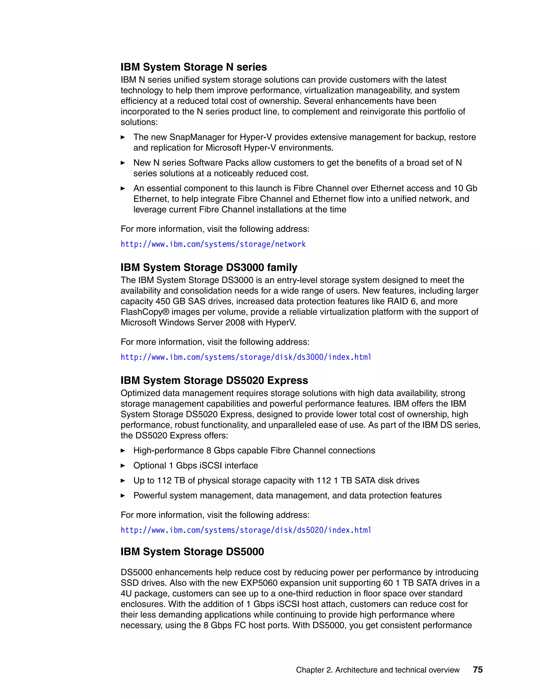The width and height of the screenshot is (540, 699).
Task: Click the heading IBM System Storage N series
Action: click(x=194, y=67)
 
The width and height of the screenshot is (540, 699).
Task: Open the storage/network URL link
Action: click(x=213, y=244)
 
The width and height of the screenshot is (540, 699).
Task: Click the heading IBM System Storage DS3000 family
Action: click(x=209, y=267)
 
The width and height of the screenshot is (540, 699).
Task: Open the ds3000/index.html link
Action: click(x=246, y=357)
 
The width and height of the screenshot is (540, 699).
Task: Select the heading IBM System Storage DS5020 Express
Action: click(x=214, y=381)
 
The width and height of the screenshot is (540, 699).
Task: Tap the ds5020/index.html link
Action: click(x=246, y=530)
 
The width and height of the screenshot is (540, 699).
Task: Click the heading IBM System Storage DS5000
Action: click(x=192, y=552)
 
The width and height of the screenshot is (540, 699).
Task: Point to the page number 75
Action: click(x=478, y=670)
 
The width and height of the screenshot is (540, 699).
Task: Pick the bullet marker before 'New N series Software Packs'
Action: click(x=123, y=163)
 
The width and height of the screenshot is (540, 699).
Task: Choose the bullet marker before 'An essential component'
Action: click(x=123, y=189)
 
